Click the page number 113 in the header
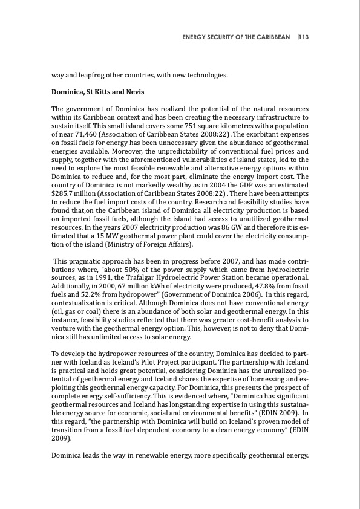coord(304,37)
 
